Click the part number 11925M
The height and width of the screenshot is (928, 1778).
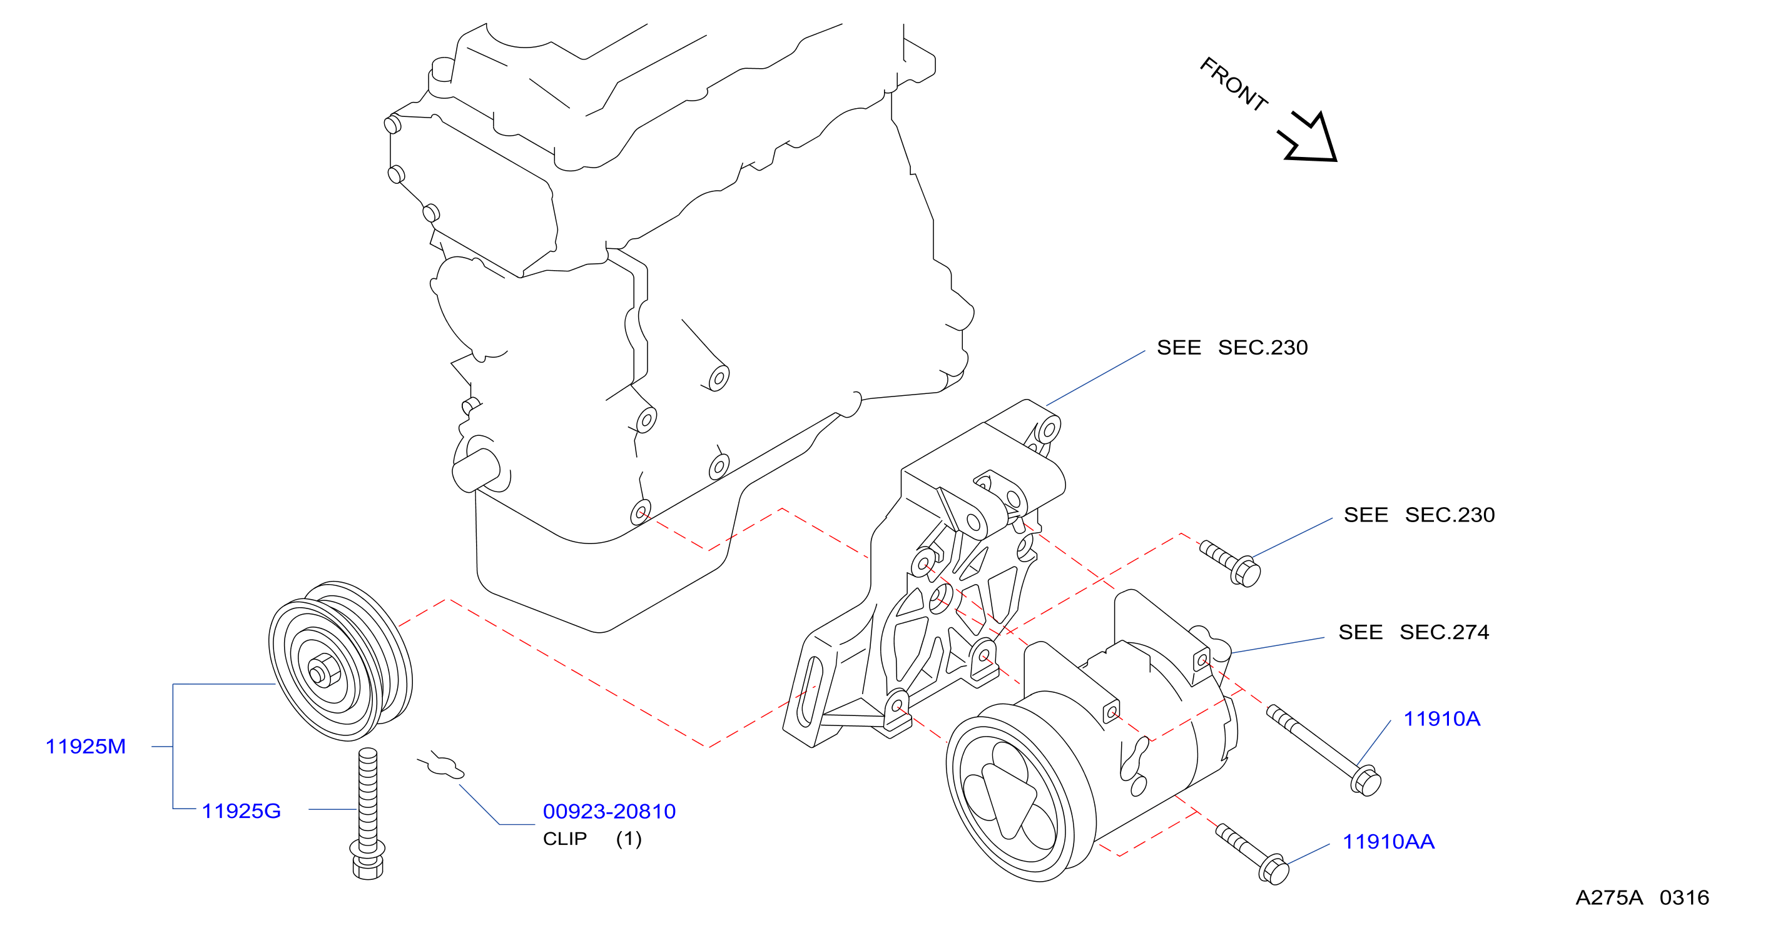pyautogui.click(x=86, y=746)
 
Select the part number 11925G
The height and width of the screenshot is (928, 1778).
pyautogui.click(x=241, y=810)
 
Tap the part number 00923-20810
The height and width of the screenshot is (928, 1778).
pyautogui.click(x=609, y=812)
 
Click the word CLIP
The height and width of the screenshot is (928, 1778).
pyautogui.click(x=564, y=839)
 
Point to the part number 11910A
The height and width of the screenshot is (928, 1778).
pyautogui.click(x=1442, y=719)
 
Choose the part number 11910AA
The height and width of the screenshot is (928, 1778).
pyautogui.click(x=1388, y=842)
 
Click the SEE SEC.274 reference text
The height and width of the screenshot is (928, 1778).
pyautogui.click(x=1413, y=632)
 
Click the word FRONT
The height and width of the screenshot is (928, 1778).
pyautogui.click(x=1234, y=84)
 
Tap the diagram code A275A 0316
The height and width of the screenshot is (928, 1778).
pyautogui.click(x=1642, y=897)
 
